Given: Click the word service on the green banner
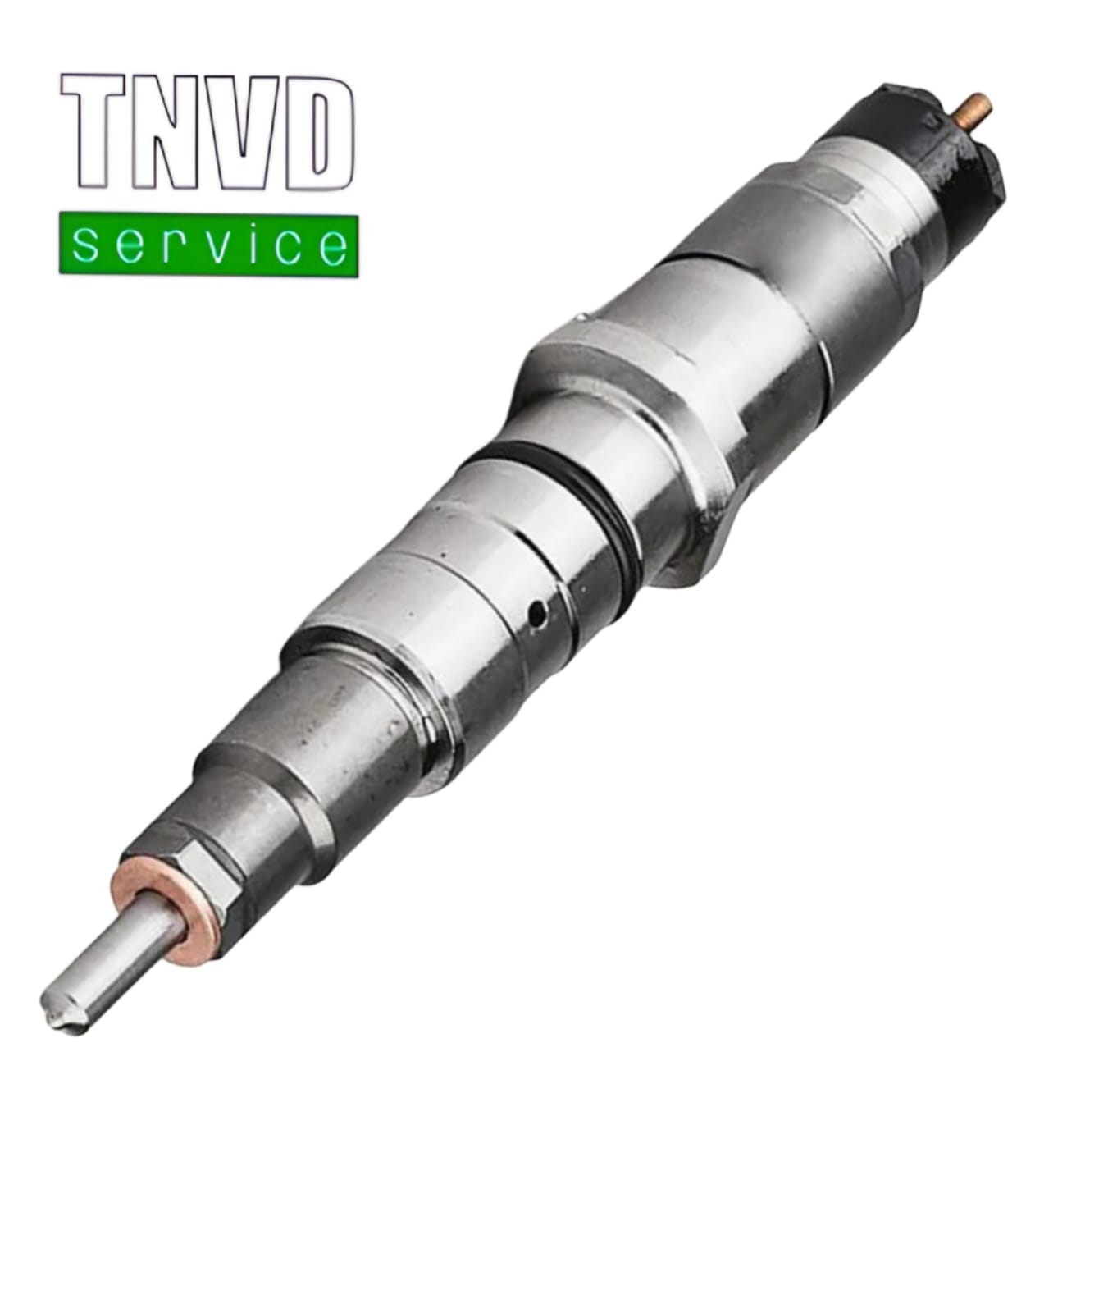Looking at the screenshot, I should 208,245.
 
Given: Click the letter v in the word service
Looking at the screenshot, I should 208,245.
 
